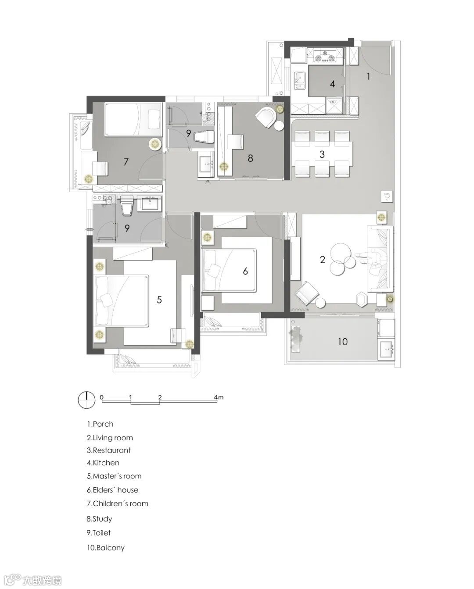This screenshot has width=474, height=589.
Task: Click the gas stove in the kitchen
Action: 325,56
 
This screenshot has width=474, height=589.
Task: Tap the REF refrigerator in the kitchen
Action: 334,106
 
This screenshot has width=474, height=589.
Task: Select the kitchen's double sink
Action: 300,81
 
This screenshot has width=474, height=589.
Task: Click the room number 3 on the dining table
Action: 322,155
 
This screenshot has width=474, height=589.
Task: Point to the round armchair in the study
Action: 266,117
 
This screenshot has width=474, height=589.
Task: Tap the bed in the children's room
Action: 133,119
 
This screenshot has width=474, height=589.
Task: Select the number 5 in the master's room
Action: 159,300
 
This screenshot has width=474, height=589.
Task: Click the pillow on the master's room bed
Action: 107,300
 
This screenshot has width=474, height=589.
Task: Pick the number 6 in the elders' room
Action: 245,271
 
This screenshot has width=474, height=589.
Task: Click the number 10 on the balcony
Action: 342,342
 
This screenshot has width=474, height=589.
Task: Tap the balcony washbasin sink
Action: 386,349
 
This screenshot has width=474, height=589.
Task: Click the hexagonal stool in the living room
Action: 363,299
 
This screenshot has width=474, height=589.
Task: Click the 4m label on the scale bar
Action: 219,397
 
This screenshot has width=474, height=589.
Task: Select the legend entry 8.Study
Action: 100,519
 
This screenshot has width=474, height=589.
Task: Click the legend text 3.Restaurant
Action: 109,450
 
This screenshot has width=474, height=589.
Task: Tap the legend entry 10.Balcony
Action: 106,548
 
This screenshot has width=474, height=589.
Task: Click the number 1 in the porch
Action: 369,76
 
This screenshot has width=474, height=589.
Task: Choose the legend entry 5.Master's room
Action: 114,476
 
